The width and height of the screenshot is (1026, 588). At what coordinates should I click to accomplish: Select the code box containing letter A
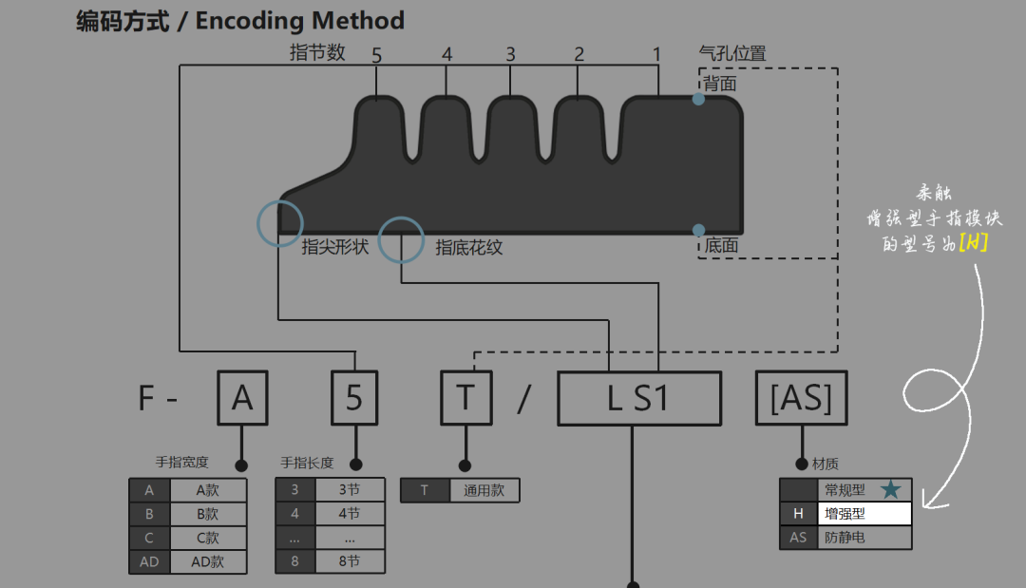(242, 398)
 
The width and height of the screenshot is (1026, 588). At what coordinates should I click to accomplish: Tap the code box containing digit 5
(354, 398)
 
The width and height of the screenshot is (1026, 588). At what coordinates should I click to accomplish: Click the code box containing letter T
(465, 398)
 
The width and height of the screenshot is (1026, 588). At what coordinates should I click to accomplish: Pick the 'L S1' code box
(638, 398)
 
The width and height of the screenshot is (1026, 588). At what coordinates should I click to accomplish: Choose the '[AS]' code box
(801, 398)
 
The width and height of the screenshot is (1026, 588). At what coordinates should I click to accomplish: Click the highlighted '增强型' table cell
(864, 514)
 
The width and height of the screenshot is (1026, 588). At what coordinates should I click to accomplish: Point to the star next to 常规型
(890, 489)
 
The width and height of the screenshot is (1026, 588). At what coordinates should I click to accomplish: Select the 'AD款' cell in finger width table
(208, 561)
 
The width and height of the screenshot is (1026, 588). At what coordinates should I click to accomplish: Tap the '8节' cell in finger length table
(349, 561)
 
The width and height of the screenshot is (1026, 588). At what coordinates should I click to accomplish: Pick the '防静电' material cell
(864, 538)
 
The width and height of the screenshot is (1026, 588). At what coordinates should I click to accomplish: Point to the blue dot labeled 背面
(698, 99)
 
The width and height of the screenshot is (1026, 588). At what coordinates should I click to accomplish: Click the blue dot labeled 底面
(698, 230)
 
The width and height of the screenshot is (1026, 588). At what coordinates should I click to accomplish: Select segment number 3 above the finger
(510, 55)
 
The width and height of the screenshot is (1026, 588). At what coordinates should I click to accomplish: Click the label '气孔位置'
(731, 54)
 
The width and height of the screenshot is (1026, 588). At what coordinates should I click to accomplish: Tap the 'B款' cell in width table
(208, 514)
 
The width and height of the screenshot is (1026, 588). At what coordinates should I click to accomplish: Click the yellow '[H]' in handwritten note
(973, 243)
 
